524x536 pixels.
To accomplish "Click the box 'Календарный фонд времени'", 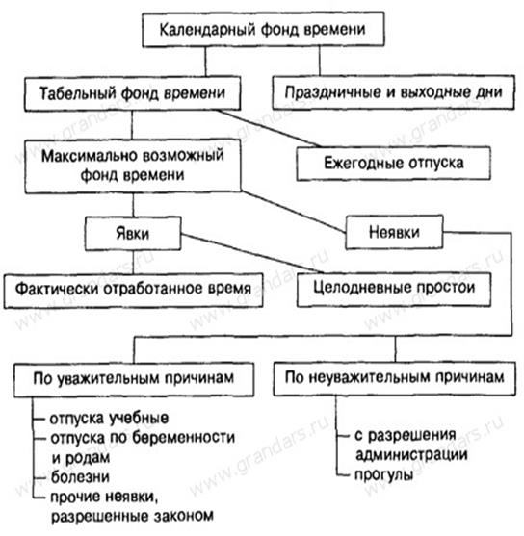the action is pos(263,30).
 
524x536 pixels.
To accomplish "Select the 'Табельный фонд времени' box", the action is pos(132,93).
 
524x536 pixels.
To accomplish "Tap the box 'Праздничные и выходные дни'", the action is pos(393,92).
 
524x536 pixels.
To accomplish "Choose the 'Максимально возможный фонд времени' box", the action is pos(133,166).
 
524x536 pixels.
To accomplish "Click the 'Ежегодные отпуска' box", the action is pos(393,163).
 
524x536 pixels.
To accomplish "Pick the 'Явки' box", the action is pos(133,234).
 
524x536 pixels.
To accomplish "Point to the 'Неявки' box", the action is pos(394,232).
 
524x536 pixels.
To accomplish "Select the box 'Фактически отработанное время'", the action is pos(133,290).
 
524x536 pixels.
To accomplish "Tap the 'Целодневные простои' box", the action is pos(394,288).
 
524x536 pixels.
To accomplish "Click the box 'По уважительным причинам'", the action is pos(134,379).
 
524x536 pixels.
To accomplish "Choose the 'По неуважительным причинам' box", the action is pos(394,378).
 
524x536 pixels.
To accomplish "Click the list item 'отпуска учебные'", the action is pos(109,419).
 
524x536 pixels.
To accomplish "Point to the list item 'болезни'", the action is pos(80,477).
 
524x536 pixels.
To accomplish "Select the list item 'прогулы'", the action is pos(384,474).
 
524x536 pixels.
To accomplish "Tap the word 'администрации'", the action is pos(411,455).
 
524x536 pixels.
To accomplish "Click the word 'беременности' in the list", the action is pos(183,438).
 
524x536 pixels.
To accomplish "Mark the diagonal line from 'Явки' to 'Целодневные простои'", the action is pos(251,253).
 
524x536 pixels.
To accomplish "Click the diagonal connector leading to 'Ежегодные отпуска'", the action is pos(269,129).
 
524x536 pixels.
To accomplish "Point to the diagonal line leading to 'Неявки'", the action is pos(294,212).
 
